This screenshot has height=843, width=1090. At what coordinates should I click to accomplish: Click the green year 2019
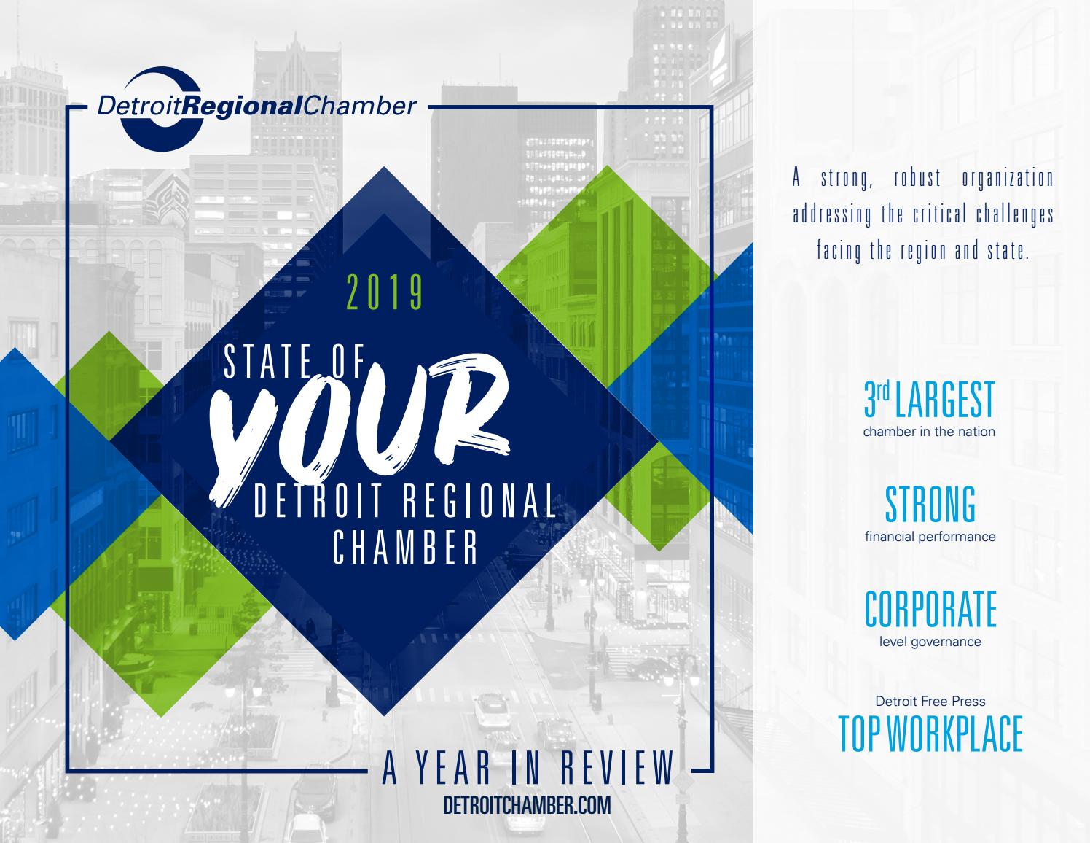tap(385, 292)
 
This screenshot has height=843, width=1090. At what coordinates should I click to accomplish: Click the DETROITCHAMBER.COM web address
tap(527, 806)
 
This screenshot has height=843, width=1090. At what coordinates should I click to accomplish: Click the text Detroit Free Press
tap(930, 702)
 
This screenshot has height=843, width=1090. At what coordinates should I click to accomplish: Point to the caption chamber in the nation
tap(929, 432)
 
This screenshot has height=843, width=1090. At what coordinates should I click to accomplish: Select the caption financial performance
tap(930, 537)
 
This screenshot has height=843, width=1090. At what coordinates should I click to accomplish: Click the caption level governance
tap(930, 642)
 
